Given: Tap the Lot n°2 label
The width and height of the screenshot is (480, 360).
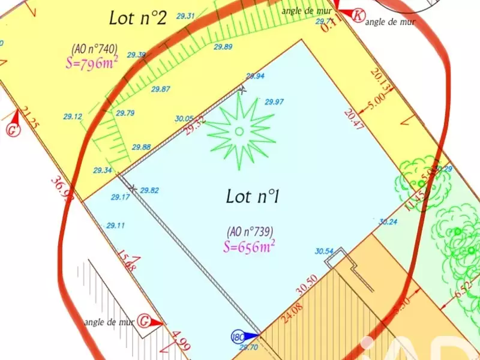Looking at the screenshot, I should (x=137, y=18).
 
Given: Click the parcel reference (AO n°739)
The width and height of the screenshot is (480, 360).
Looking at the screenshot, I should (x=250, y=232).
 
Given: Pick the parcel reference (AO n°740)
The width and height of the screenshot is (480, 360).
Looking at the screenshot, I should (x=94, y=48).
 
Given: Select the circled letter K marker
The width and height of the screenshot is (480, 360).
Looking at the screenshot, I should (x=358, y=16).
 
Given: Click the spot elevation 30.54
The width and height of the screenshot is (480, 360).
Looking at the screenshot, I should (x=323, y=251).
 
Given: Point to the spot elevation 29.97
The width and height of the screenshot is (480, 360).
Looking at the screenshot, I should (x=274, y=102).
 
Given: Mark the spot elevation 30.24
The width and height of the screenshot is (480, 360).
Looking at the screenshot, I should (x=388, y=221).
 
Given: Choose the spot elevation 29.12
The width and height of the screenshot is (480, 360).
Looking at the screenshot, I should (x=72, y=117).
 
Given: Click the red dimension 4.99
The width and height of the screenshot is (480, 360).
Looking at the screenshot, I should (x=180, y=341).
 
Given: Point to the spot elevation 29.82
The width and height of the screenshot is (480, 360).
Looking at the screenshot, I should (x=149, y=190).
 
